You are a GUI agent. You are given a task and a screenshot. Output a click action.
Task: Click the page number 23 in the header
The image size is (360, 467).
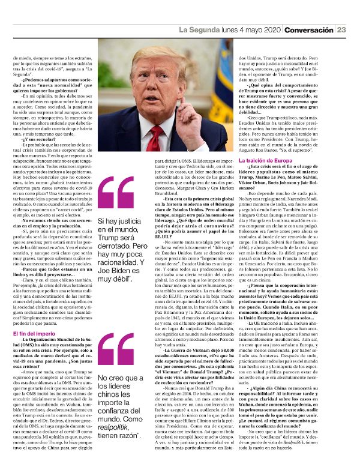pyautogui.click(x=341, y=30)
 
